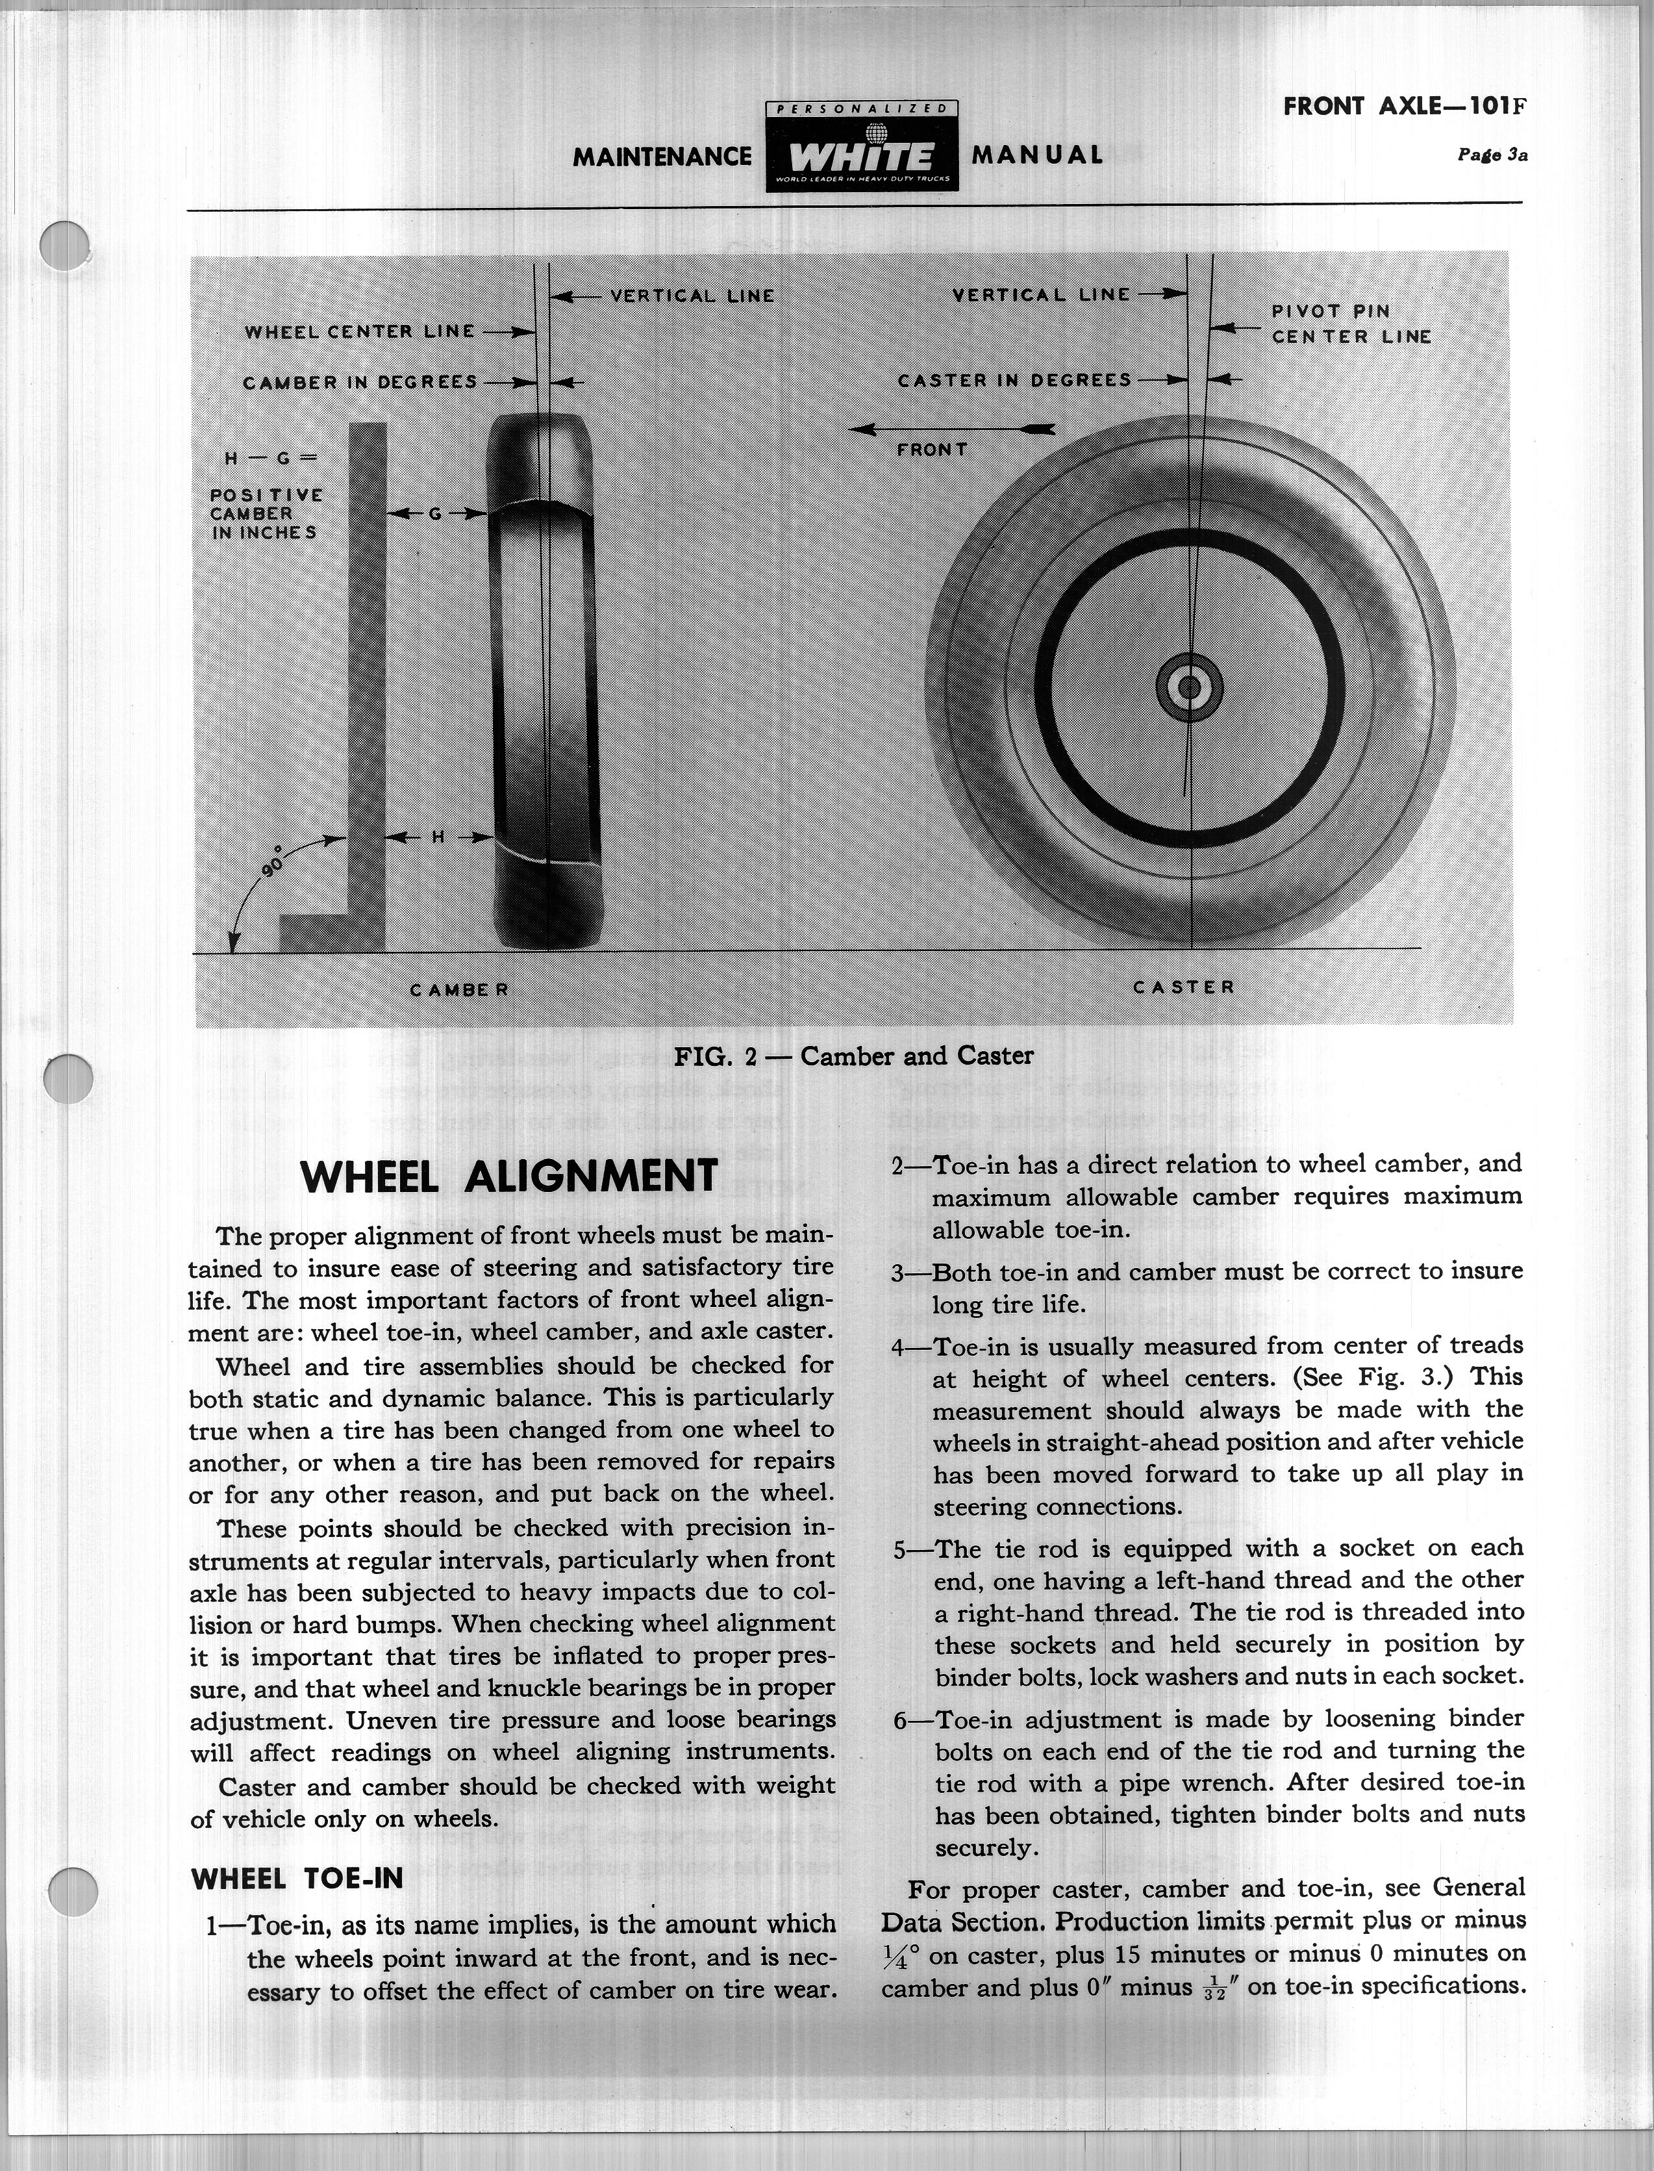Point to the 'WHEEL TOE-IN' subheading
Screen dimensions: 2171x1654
coord(297,1879)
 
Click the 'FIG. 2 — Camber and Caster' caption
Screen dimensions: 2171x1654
coord(853,1056)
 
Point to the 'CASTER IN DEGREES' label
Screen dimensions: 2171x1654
coord(1014,380)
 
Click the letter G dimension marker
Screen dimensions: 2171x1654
coord(434,513)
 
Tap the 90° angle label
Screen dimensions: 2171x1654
coord(273,859)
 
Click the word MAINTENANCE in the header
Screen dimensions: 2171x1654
coord(662,157)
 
